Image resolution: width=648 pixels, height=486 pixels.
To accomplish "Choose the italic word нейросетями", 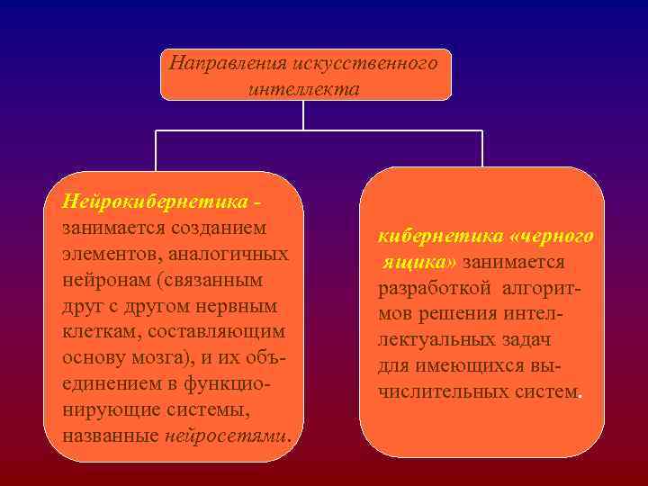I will pyautogui.click(x=227, y=436).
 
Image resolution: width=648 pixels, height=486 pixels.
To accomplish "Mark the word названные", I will pyautogui.click(x=112, y=436).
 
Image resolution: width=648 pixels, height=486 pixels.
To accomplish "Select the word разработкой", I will pyautogui.click(x=435, y=288).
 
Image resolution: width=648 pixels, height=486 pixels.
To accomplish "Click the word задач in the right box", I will pyautogui.click(x=526, y=340).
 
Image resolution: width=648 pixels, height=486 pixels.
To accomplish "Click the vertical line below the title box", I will pyautogui.click(x=303, y=114).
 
